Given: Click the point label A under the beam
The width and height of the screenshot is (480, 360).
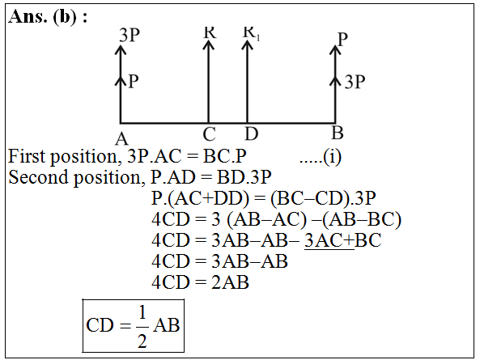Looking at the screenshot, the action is pyautogui.click(x=122, y=139).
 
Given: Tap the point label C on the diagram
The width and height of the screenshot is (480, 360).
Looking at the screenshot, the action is pyautogui.click(x=210, y=134).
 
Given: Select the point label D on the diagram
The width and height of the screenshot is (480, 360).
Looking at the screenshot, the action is pyautogui.click(x=251, y=134).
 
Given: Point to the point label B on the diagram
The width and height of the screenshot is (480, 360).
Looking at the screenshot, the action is pyautogui.click(x=338, y=133).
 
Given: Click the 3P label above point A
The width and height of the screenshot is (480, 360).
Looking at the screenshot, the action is pyautogui.click(x=130, y=35).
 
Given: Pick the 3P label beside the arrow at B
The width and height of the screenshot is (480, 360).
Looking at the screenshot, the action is pyautogui.click(x=355, y=82).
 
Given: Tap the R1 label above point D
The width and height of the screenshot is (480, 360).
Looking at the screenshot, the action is pyautogui.click(x=251, y=32).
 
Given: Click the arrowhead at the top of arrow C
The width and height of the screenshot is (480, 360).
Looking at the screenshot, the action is pyautogui.click(x=209, y=44).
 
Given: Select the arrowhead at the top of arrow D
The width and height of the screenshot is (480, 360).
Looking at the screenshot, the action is pyautogui.click(x=248, y=44).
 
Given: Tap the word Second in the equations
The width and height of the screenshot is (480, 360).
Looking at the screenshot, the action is pyautogui.click(x=38, y=177).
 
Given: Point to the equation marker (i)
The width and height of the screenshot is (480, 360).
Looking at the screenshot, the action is pyautogui.click(x=332, y=157).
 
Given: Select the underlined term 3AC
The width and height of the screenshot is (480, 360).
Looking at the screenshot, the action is pyautogui.click(x=324, y=240).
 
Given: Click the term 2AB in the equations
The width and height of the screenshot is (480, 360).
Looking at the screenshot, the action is pyautogui.click(x=230, y=282).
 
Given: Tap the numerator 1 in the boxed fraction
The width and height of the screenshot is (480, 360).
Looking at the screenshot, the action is pyautogui.click(x=142, y=312).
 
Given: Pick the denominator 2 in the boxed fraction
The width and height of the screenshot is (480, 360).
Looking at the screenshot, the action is pyautogui.click(x=142, y=341).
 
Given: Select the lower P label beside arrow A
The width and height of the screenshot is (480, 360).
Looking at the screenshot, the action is pyautogui.click(x=134, y=82).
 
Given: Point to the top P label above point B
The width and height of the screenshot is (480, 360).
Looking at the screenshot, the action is pyautogui.click(x=342, y=39).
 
